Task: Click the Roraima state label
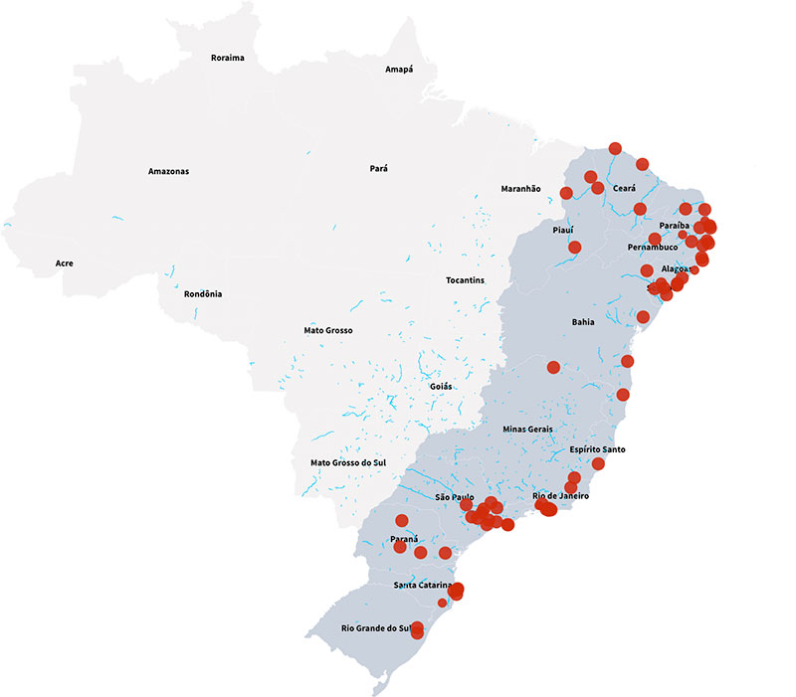click(x=227, y=58)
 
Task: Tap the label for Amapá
click(x=399, y=70)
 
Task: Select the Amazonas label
click(x=168, y=171)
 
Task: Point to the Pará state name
click(x=378, y=169)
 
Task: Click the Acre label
click(x=65, y=263)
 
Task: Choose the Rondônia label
click(x=203, y=294)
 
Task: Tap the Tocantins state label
click(x=466, y=280)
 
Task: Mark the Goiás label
click(x=441, y=386)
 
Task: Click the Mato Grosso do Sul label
click(x=347, y=463)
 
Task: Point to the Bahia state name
click(x=583, y=323)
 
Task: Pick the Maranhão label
click(x=520, y=189)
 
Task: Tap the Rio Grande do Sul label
click(x=376, y=628)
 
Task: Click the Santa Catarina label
click(x=423, y=585)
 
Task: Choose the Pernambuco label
click(x=653, y=247)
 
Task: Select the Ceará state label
click(x=624, y=189)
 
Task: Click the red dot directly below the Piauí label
click(x=575, y=247)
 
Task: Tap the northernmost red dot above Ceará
click(x=615, y=148)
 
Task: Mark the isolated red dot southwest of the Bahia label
click(x=554, y=367)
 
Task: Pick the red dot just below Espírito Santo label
click(x=598, y=463)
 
